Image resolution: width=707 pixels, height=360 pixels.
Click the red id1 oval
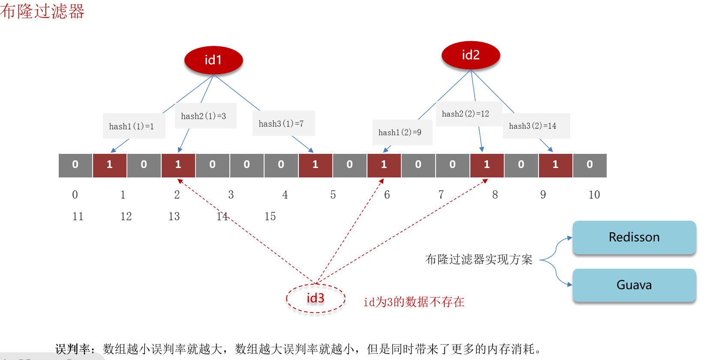pos(214,60)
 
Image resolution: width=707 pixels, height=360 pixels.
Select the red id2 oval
pos(471,55)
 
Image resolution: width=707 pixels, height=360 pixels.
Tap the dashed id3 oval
pos(316,298)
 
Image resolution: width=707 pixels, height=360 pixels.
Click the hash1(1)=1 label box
pos(134,126)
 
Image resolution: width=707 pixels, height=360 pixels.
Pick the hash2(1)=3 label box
pos(205,116)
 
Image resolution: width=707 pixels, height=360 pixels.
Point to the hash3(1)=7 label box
pos(283,123)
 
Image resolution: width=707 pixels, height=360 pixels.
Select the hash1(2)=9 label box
pos(402,132)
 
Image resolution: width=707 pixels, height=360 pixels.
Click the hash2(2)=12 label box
pos(468,114)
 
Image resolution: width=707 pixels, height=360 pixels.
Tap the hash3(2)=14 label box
pos(536,126)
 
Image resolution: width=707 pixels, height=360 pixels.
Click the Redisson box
pos(634,237)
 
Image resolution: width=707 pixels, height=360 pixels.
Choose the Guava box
pos(634,285)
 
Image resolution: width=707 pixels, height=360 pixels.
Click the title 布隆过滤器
pos(42,11)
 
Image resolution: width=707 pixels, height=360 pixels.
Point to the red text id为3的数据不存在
pos(414,302)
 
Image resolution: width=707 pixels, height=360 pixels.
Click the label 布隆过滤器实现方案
pos(478,259)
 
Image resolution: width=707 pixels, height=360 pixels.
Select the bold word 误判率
pos(73,349)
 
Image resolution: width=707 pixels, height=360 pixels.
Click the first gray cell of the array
pos(75,165)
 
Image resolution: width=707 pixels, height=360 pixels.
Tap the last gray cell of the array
pos(590,165)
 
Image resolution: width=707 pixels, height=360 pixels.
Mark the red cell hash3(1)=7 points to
pos(316,165)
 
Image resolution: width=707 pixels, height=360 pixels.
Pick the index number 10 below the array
pos(594,195)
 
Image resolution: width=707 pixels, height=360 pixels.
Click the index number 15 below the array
pos(270,216)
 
